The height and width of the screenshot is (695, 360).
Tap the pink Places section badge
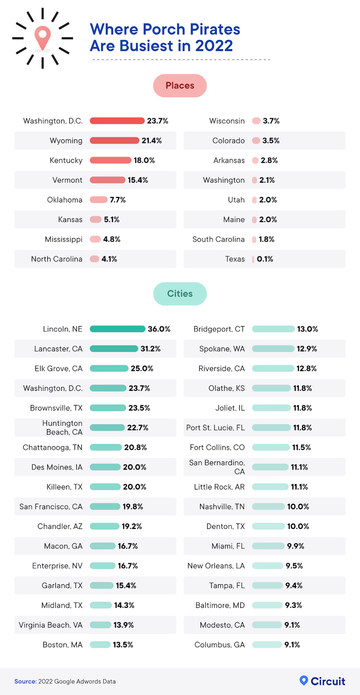tap(180, 86)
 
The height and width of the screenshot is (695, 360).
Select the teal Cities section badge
tap(180, 294)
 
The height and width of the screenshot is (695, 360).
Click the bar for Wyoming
tap(114, 141)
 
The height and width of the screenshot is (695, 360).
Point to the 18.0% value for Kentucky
tap(144, 160)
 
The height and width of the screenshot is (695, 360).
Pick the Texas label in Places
tap(235, 259)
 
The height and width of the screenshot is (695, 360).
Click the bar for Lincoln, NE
tap(117, 329)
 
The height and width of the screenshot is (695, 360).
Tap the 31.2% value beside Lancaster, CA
tap(151, 349)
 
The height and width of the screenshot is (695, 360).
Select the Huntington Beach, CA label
tap(63, 427)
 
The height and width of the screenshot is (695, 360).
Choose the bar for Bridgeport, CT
tap(273, 329)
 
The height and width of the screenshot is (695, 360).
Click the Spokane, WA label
tap(222, 349)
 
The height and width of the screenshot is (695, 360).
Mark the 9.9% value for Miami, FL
tap(295, 546)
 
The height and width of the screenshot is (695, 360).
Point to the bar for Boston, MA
tap(100, 645)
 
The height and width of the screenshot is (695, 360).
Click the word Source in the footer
tap(25, 682)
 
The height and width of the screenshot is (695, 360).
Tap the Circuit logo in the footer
tap(322, 681)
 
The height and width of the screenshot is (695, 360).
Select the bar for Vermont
tap(107, 180)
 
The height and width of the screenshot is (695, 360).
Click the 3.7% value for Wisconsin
tap(271, 121)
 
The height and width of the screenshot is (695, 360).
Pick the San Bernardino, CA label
tap(218, 467)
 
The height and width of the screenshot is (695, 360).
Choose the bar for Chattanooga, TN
tap(105, 447)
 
